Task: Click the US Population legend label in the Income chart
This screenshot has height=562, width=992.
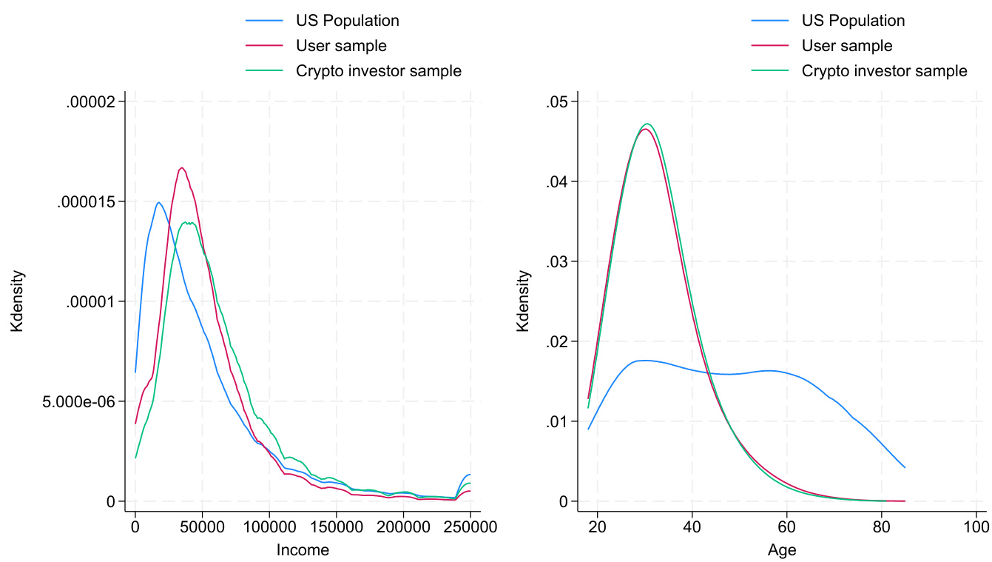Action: pyautogui.click(x=347, y=21)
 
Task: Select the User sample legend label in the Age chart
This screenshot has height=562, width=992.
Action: pyautogui.click(x=847, y=46)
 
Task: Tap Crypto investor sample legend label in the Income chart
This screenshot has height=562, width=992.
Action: pyautogui.click(x=378, y=71)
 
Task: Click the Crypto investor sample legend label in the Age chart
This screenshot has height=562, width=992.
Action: pyautogui.click(x=884, y=71)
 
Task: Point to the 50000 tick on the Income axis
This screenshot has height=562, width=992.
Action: pyautogui.click(x=203, y=528)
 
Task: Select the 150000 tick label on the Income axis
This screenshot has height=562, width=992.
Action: pyautogui.click(x=337, y=528)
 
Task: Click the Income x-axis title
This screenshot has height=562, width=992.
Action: pyautogui.click(x=303, y=550)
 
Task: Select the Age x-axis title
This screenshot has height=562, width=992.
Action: pyautogui.click(x=782, y=550)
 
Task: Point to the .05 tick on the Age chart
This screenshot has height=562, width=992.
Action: pyautogui.click(x=557, y=102)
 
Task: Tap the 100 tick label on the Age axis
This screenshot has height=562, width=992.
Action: pyautogui.click(x=976, y=528)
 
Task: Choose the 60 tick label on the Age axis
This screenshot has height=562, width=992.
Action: pyautogui.click(x=786, y=528)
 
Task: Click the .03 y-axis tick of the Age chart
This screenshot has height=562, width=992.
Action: pyautogui.click(x=557, y=262)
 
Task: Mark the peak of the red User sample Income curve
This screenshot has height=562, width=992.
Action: pyautogui.click(x=181, y=167)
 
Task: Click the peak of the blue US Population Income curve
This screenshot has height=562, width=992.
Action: pyautogui.click(x=159, y=202)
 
